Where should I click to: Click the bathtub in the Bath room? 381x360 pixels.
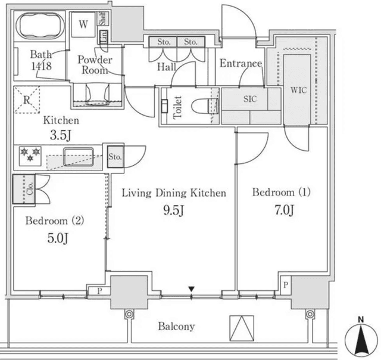click(x=39, y=27)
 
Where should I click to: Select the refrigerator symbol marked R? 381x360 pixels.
click(x=27, y=100)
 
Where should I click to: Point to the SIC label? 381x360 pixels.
click(x=250, y=99)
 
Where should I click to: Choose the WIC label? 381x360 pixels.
click(x=298, y=91)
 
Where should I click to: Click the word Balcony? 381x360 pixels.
click(x=176, y=326)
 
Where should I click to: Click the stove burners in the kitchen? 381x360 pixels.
click(x=30, y=153)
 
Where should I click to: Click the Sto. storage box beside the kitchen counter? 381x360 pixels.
click(x=115, y=157)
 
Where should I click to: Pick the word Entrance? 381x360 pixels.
click(x=241, y=64)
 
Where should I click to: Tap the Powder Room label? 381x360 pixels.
click(x=95, y=65)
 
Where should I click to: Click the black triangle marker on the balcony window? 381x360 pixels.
click(x=191, y=290)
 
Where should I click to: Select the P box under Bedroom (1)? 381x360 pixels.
click(x=286, y=285)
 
